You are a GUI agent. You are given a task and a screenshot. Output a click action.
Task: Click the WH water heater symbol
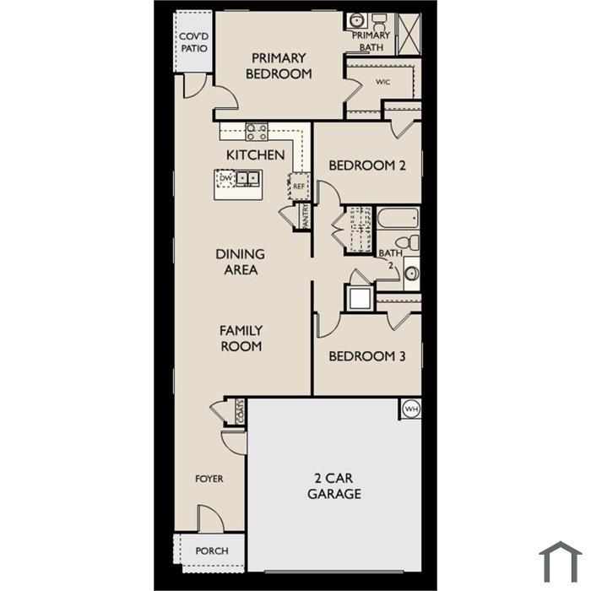(x=411, y=409)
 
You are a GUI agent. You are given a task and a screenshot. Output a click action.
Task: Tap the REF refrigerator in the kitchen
(x=299, y=187)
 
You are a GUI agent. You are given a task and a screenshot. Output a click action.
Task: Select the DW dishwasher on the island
(x=225, y=178)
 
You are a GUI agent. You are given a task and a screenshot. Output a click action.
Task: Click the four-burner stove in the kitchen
(x=257, y=132)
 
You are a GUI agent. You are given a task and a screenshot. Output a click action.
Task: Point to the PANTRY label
(x=306, y=215)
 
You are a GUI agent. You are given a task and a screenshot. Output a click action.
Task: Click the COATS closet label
(x=240, y=411)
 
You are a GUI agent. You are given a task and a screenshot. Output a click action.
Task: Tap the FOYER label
(x=209, y=479)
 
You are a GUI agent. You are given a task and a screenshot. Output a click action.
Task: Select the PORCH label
(x=212, y=551)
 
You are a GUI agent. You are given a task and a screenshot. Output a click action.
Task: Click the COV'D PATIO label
(x=193, y=42)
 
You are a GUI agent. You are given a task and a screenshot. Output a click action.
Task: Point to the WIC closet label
(x=382, y=82)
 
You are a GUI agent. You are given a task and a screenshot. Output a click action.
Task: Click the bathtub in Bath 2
(x=398, y=218)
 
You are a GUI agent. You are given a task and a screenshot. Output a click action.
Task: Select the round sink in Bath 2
(x=412, y=274)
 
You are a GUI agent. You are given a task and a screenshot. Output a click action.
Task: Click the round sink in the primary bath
(x=355, y=20)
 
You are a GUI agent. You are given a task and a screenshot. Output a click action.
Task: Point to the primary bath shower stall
(x=409, y=34)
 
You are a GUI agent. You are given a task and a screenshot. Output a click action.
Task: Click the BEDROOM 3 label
(x=367, y=356)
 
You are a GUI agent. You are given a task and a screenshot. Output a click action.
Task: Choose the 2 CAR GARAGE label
(x=334, y=485)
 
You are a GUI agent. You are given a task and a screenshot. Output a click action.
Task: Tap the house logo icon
(x=561, y=561)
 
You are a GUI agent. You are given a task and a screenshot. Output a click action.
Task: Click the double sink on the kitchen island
(x=247, y=178)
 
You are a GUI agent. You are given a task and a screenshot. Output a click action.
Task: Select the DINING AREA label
(x=240, y=262)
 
